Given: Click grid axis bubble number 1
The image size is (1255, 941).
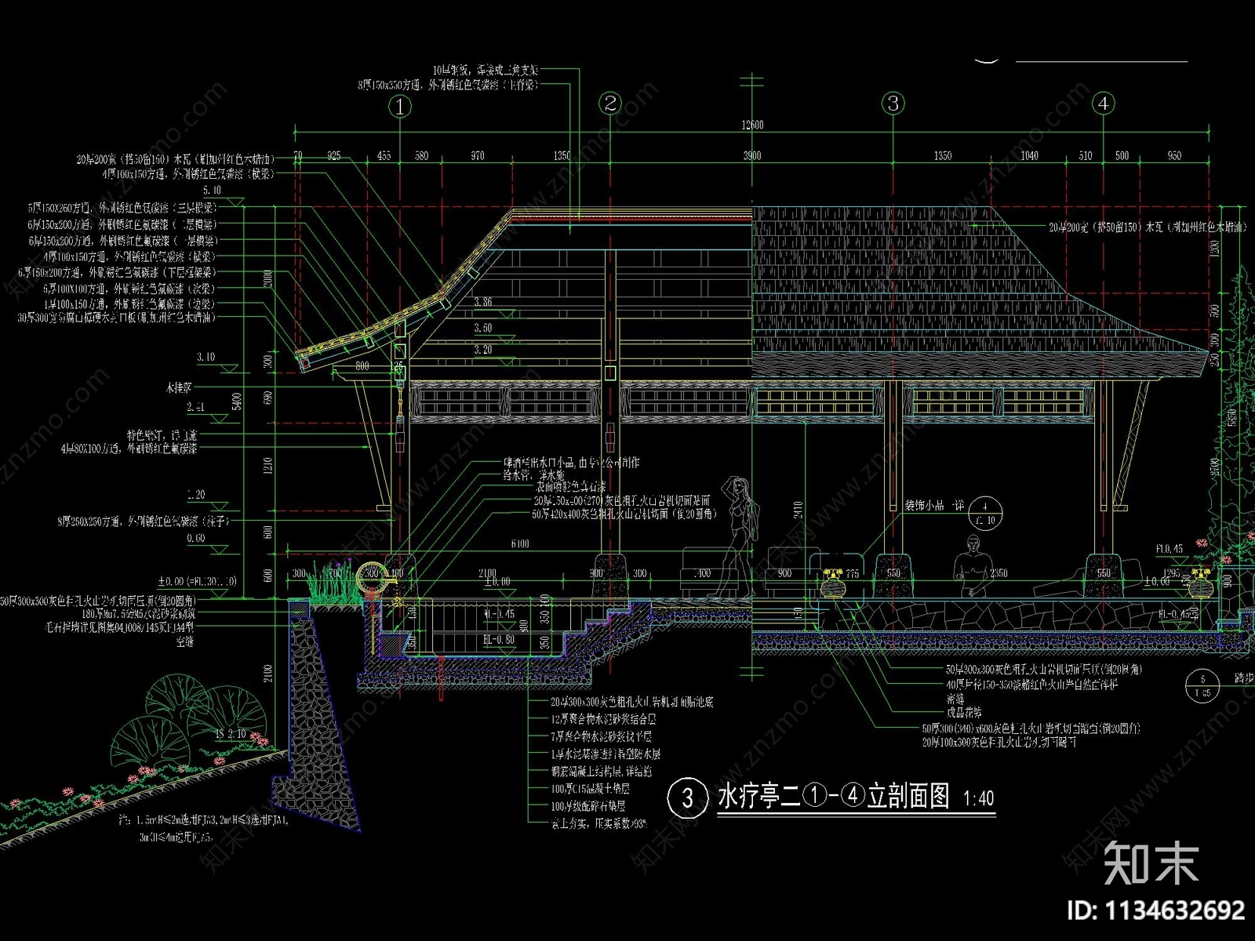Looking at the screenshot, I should coord(400,107).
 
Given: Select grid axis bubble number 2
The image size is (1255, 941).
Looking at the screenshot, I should coord(610,103).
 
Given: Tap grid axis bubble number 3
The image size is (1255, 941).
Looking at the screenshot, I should coord(893,103).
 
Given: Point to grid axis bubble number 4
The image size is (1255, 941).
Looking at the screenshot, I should coord(1103,103).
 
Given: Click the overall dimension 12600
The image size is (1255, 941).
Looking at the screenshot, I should coord(752,125).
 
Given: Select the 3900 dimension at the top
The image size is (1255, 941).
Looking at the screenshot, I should coord(752,155).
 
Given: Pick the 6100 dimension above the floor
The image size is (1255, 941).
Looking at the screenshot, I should coord(520,543).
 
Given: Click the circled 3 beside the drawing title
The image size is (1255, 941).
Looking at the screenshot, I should coord(686,797).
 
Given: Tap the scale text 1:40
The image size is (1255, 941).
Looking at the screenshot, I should coord(978,799).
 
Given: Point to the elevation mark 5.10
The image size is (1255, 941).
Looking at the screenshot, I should coord(212,191).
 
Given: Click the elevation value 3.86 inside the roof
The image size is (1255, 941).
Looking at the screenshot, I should coord(483,302).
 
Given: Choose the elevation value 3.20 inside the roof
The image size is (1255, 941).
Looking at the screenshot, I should coord(483,350).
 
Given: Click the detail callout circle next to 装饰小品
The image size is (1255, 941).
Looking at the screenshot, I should coord(985,513).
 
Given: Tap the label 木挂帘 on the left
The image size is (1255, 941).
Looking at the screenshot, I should coord(179,387).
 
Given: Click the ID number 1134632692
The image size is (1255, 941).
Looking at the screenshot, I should coord(1155,910).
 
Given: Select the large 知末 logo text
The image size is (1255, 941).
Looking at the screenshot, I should coord(1151,863).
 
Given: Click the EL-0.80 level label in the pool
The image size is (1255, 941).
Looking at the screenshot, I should coord(499,640).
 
